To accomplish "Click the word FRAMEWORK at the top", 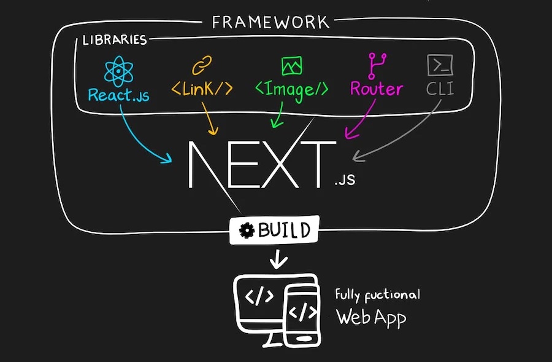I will click(x=270, y=23).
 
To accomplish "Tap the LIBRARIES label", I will click(x=115, y=41).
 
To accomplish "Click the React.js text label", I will click(x=118, y=95).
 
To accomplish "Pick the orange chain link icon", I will click(x=202, y=65).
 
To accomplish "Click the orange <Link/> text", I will click(x=202, y=89).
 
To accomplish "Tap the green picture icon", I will click(x=291, y=65).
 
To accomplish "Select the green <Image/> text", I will click(x=291, y=90).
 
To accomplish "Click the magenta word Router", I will click(x=376, y=89).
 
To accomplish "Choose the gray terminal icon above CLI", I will click(x=440, y=65).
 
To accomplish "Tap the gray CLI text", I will click(x=440, y=89).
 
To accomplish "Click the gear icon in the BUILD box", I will click(x=247, y=231).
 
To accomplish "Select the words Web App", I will click(x=371, y=318).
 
